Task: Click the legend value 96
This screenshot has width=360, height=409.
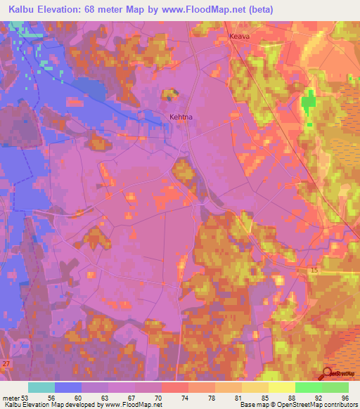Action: pos(345,397)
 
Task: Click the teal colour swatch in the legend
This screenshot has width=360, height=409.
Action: pos(41,387)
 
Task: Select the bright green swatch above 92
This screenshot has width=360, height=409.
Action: pos(308,387)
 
